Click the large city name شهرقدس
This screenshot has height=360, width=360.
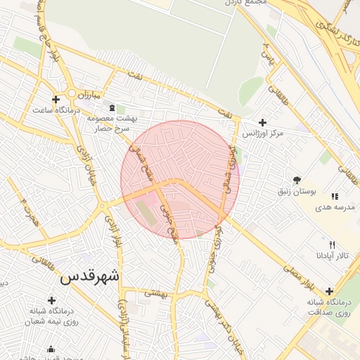tap(90, 276)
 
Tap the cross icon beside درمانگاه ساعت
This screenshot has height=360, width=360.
tap(56, 99)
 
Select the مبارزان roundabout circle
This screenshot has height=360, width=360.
tap(72, 94)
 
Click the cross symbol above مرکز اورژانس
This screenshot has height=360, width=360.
tap(263, 122)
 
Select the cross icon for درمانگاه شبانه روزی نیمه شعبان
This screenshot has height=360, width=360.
tap(51, 300)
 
